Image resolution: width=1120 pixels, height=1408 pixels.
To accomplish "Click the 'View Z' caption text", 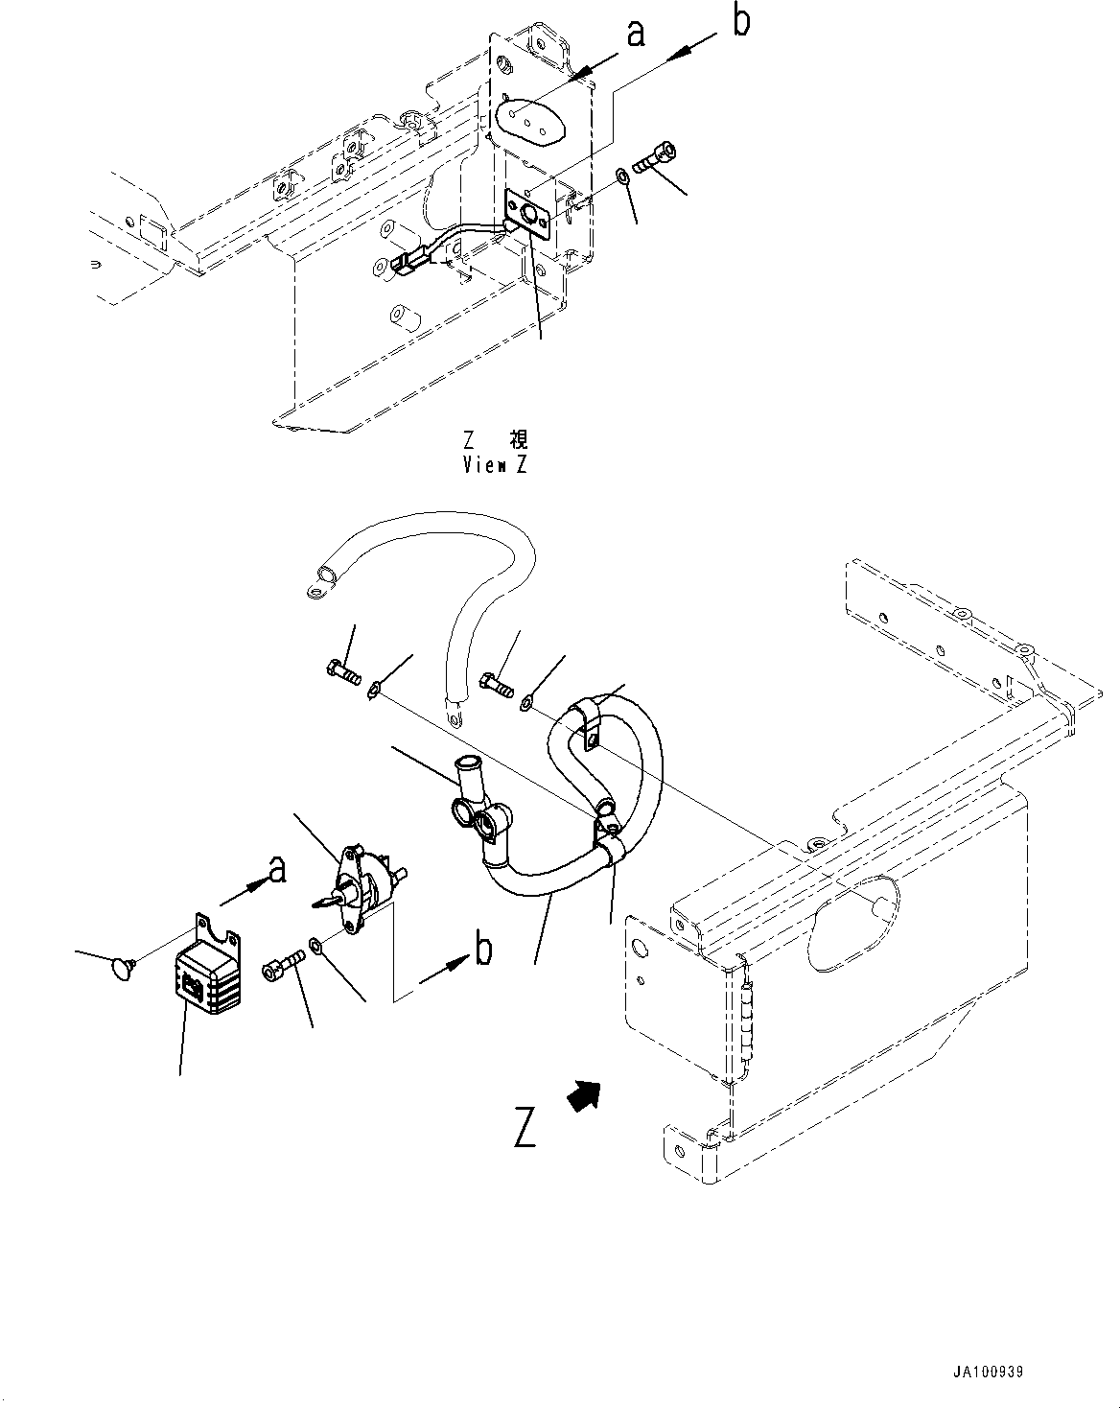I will (x=495, y=465).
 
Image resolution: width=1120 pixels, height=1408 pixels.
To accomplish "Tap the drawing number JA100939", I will (x=989, y=1373).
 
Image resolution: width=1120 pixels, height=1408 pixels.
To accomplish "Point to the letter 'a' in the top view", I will (x=635, y=35).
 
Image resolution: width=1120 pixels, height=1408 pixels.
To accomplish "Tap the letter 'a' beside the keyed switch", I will (x=276, y=870).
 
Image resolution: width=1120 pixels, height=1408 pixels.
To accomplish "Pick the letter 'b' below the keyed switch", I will (x=484, y=950).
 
